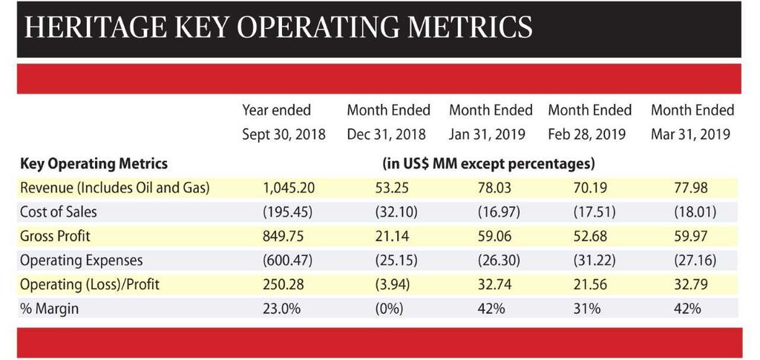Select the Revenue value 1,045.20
click(288, 188)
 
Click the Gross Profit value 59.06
click(490, 237)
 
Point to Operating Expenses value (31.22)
click(590, 261)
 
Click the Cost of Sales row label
click(59, 212)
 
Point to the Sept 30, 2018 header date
click(284, 135)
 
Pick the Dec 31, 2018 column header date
click(387, 135)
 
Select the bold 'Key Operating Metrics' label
click(94, 163)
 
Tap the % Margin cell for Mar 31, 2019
click(687, 309)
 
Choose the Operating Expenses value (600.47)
click(288, 261)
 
